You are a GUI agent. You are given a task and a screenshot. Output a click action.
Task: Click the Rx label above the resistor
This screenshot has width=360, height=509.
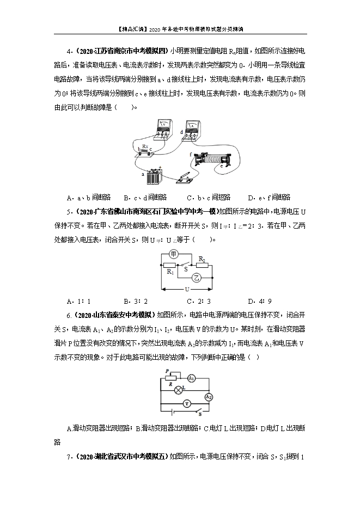pyautogui.click(x=144, y=146)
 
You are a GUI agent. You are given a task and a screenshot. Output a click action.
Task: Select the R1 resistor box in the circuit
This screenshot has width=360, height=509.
pyautogui.click(x=169, y=266)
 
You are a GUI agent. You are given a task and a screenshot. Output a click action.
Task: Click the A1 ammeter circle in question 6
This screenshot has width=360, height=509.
pyautogui.click(x=191, y=378)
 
